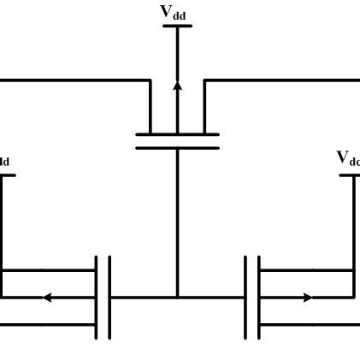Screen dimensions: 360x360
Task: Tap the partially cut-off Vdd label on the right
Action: [x=348, y=158]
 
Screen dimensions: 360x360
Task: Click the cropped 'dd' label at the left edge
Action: [x=4, y=162]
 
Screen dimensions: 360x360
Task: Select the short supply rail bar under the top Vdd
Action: [x=177, y=26]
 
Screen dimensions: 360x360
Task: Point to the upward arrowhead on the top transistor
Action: [x=177, y=86]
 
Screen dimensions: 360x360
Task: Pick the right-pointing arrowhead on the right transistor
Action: [x=308, y=298]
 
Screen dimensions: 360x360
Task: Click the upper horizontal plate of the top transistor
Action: [x=177, y=133]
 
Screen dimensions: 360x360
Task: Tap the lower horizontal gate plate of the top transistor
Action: [x=177, y=147]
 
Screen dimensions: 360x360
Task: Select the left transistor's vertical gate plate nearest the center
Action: [x=109, y=298]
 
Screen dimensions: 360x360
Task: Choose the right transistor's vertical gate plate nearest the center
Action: [x=246, y=298]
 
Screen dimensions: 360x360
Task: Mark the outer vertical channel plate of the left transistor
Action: [x=97, y=298]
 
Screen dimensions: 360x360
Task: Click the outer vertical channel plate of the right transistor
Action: [x=259, y=298]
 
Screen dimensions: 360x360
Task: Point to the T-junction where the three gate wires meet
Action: [x=177, y=298]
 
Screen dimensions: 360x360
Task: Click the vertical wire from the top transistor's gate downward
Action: [x=177, y=222]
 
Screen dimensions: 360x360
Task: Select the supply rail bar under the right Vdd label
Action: [x=350, y=174]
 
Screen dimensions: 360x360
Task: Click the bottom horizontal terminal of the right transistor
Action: [x=308, y=325]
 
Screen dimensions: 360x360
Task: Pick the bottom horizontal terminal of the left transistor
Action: [x=47, y=325]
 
